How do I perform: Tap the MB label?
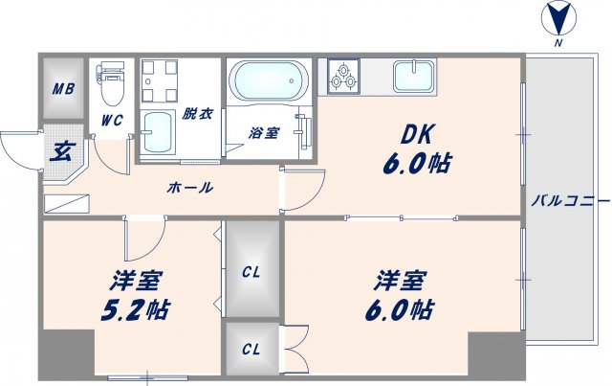tap(63, 90)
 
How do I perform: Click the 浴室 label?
tap(266, 132)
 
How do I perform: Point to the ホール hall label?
tap(189, 188)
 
